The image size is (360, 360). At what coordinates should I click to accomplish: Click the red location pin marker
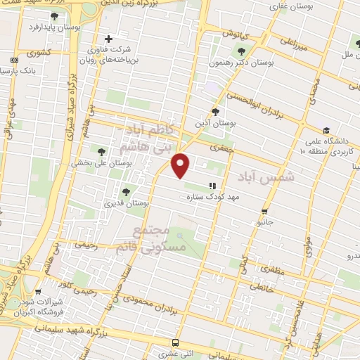coord(181,166)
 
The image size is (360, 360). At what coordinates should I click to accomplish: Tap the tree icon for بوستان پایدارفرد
coord(55,15)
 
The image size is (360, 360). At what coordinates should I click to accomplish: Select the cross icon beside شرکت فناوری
coord(108,39)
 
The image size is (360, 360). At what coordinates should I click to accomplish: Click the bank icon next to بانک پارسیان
coord(15,61)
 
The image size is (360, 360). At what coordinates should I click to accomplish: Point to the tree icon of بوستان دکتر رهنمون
coord(242,51)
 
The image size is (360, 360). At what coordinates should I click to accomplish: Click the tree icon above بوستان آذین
coord(215,111)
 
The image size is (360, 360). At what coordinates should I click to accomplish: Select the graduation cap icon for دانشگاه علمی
coord(326,130)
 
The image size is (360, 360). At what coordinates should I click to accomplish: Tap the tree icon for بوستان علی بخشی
coord(101,151)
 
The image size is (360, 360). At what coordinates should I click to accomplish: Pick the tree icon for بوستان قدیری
coord(127,191)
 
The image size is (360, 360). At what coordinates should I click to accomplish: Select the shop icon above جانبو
coord(264,210)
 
